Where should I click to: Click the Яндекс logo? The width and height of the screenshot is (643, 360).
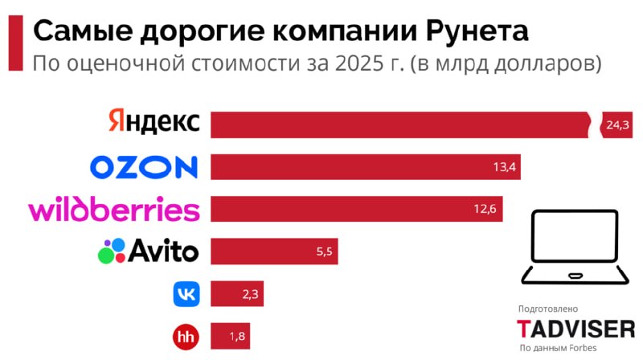[x=153, y=123]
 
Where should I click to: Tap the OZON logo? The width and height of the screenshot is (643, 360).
[x=143, y=166]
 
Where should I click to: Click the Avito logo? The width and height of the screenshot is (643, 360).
[x=148, y=251]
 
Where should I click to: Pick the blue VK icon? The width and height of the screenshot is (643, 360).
[x=186, y=293]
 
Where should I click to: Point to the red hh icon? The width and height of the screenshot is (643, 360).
[x=186, y=336]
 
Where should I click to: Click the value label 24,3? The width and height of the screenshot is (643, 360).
[x=618, y=125]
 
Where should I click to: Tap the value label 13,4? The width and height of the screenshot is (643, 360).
[x=504, y=167]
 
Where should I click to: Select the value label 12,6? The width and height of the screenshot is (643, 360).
[x=485, y=209]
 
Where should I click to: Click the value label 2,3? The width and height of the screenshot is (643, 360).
[x=250, y=294]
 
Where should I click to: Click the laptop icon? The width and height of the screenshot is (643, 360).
[x=573, y=248]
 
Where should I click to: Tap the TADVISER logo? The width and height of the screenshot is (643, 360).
[x=575, y=328]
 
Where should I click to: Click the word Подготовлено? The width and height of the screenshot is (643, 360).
[x=548, y=309]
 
